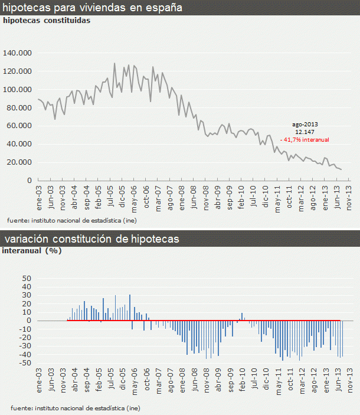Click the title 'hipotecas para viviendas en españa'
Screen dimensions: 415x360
tap(93, 8)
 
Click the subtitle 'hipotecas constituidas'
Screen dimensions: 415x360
tap(47, 21)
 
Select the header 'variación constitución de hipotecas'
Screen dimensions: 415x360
tap(92, 239)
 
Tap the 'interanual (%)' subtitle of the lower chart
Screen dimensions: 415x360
tap(32, 250)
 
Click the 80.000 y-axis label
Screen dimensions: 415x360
tap(19, 107)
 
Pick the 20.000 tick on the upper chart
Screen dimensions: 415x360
tap(19, 162)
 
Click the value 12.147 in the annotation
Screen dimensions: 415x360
tap(304, 132)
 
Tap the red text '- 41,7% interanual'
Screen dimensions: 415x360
tap(305, 140)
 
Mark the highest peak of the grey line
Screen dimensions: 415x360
tap(114, 63)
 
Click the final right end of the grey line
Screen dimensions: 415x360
tap(341, 170)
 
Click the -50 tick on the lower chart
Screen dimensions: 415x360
tap(24, 363)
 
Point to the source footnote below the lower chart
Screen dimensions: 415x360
tap(74, 408)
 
